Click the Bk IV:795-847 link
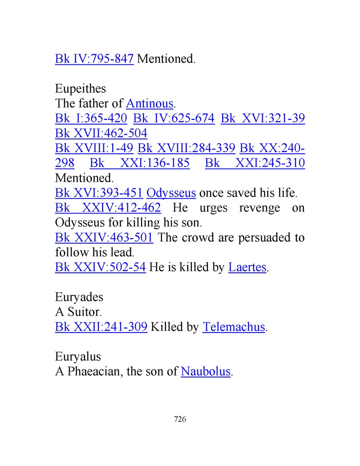click(94, 58)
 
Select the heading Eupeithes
click(80, 89)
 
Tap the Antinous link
click(150, 103)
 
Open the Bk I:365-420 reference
click(91, 119)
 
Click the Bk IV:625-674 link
click(174, 119)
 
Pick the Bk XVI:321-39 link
click(263, 119)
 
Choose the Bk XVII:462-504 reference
click(101, 133)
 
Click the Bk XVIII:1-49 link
click(94, 148)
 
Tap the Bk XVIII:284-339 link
click(186, 148)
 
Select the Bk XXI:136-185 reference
click(140, 163)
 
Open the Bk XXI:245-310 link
click(255, 163)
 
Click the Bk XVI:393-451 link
click(99, 193)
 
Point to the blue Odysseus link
click(171, 193)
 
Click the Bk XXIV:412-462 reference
click(108, 208)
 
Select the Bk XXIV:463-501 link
click(104, 238)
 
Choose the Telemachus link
click(234, 327)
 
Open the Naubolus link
click(205, 372)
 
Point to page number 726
click(180, 419)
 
